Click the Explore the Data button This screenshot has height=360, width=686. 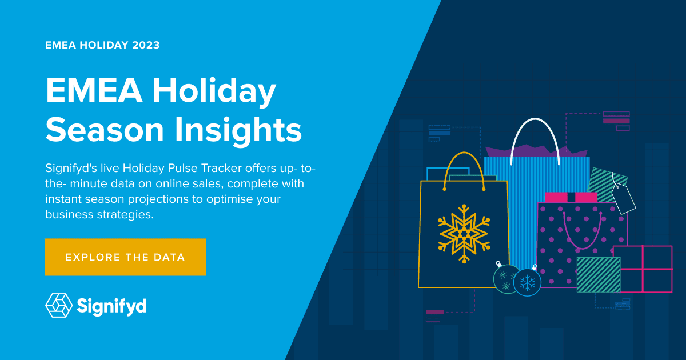(125, 257)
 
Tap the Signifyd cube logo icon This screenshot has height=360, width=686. (59, 305)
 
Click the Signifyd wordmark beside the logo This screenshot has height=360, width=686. (112, 306)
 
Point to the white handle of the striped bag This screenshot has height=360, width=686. (536, 137)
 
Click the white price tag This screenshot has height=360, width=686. (623, 198)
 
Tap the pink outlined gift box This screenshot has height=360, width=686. (643, 269)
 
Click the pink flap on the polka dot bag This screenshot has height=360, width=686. (571, 197)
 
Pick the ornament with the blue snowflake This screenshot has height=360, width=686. (527, 282)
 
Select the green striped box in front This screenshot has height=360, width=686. (598, 274)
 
